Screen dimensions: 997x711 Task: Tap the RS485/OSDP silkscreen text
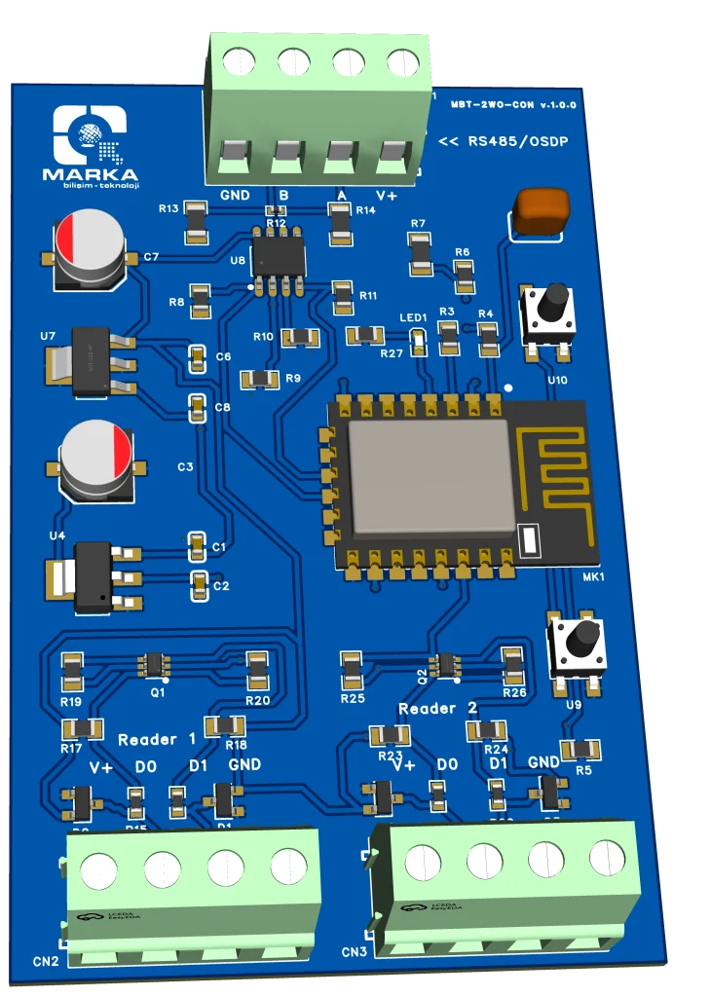tap(504, 142)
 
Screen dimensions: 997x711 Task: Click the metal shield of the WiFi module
tap(430, 478)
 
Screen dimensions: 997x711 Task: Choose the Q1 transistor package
tap(155, 664)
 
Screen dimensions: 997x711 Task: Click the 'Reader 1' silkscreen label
tap(157, 740)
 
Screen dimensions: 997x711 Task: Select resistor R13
tap(196, 221)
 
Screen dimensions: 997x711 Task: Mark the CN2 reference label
tap(46, 961)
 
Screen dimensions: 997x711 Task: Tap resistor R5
tap(581, 749)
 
